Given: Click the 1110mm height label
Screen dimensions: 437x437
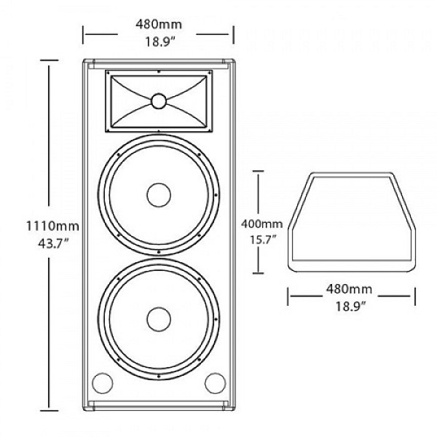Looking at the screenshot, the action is coord(52,226).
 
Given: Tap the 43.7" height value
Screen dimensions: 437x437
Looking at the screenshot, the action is coord(53,244).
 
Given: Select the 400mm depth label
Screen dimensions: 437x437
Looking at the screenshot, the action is coord(262,223).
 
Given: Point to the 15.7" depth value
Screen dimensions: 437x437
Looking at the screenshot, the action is coord(263,240).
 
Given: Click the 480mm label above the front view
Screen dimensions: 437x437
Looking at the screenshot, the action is coord(159,24).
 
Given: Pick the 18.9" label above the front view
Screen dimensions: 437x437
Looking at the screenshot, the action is coord(160,42).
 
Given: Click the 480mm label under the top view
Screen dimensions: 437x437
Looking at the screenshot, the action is coord(349,289).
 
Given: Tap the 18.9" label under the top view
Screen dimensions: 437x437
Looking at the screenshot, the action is coord(350,307).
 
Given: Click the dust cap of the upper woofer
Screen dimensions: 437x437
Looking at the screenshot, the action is coord(159,195).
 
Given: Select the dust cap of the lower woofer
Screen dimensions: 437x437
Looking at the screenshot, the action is coord(159,320).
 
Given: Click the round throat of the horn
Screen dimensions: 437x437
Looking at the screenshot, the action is coord(159,101).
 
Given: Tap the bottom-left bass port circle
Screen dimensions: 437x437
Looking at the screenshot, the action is coord(102,383).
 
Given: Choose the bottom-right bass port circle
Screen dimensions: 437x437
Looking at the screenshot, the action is coord(215,383).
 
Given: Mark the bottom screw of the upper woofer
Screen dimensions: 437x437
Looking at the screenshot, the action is coord(159,252).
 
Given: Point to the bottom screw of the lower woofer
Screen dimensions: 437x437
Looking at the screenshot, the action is coord(159,376).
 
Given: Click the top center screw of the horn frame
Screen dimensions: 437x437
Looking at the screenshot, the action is coord(159,72).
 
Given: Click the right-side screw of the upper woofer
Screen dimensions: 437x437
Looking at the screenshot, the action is coord(216,195).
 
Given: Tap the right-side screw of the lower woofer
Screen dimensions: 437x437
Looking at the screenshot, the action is coord(216,320).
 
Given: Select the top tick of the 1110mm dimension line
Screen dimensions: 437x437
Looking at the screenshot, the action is coord(49,60).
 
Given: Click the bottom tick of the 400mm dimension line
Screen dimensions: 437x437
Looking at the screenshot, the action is coord(258,273).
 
